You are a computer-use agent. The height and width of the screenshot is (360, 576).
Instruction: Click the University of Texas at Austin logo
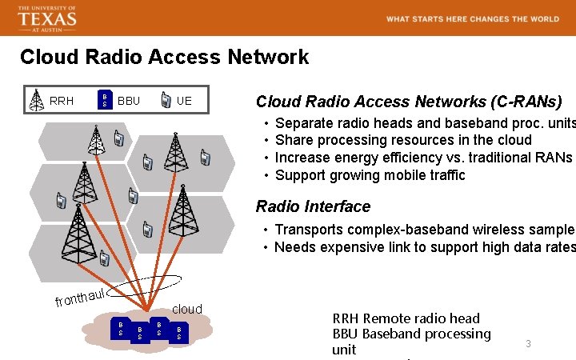[46, 18]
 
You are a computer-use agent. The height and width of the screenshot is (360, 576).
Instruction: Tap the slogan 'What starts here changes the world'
[472, 19]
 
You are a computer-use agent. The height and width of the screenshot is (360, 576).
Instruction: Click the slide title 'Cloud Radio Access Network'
[164, 58]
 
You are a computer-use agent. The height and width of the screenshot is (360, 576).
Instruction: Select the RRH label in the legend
[62, 101]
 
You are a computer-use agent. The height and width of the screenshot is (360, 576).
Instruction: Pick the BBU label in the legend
[129, 101]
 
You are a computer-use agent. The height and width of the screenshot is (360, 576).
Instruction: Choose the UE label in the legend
[184, 101]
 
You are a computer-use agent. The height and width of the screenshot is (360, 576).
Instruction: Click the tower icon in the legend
[36, 100]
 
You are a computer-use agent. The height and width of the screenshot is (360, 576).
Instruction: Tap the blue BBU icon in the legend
[105, 100]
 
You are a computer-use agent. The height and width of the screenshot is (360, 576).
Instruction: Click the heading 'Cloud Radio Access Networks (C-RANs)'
[409, 102]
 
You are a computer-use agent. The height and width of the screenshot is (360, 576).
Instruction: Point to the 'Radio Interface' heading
[313, 206]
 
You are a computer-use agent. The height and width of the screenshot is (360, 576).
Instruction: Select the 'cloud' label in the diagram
[187, 309]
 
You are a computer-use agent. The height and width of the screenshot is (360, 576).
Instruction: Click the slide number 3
[528, 343]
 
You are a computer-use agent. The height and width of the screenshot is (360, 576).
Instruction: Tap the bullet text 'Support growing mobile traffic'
[370, 175]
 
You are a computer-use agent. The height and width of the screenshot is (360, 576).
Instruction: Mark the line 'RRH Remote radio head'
[406, 318]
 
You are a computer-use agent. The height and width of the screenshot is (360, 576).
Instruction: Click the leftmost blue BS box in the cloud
[121, 327]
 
